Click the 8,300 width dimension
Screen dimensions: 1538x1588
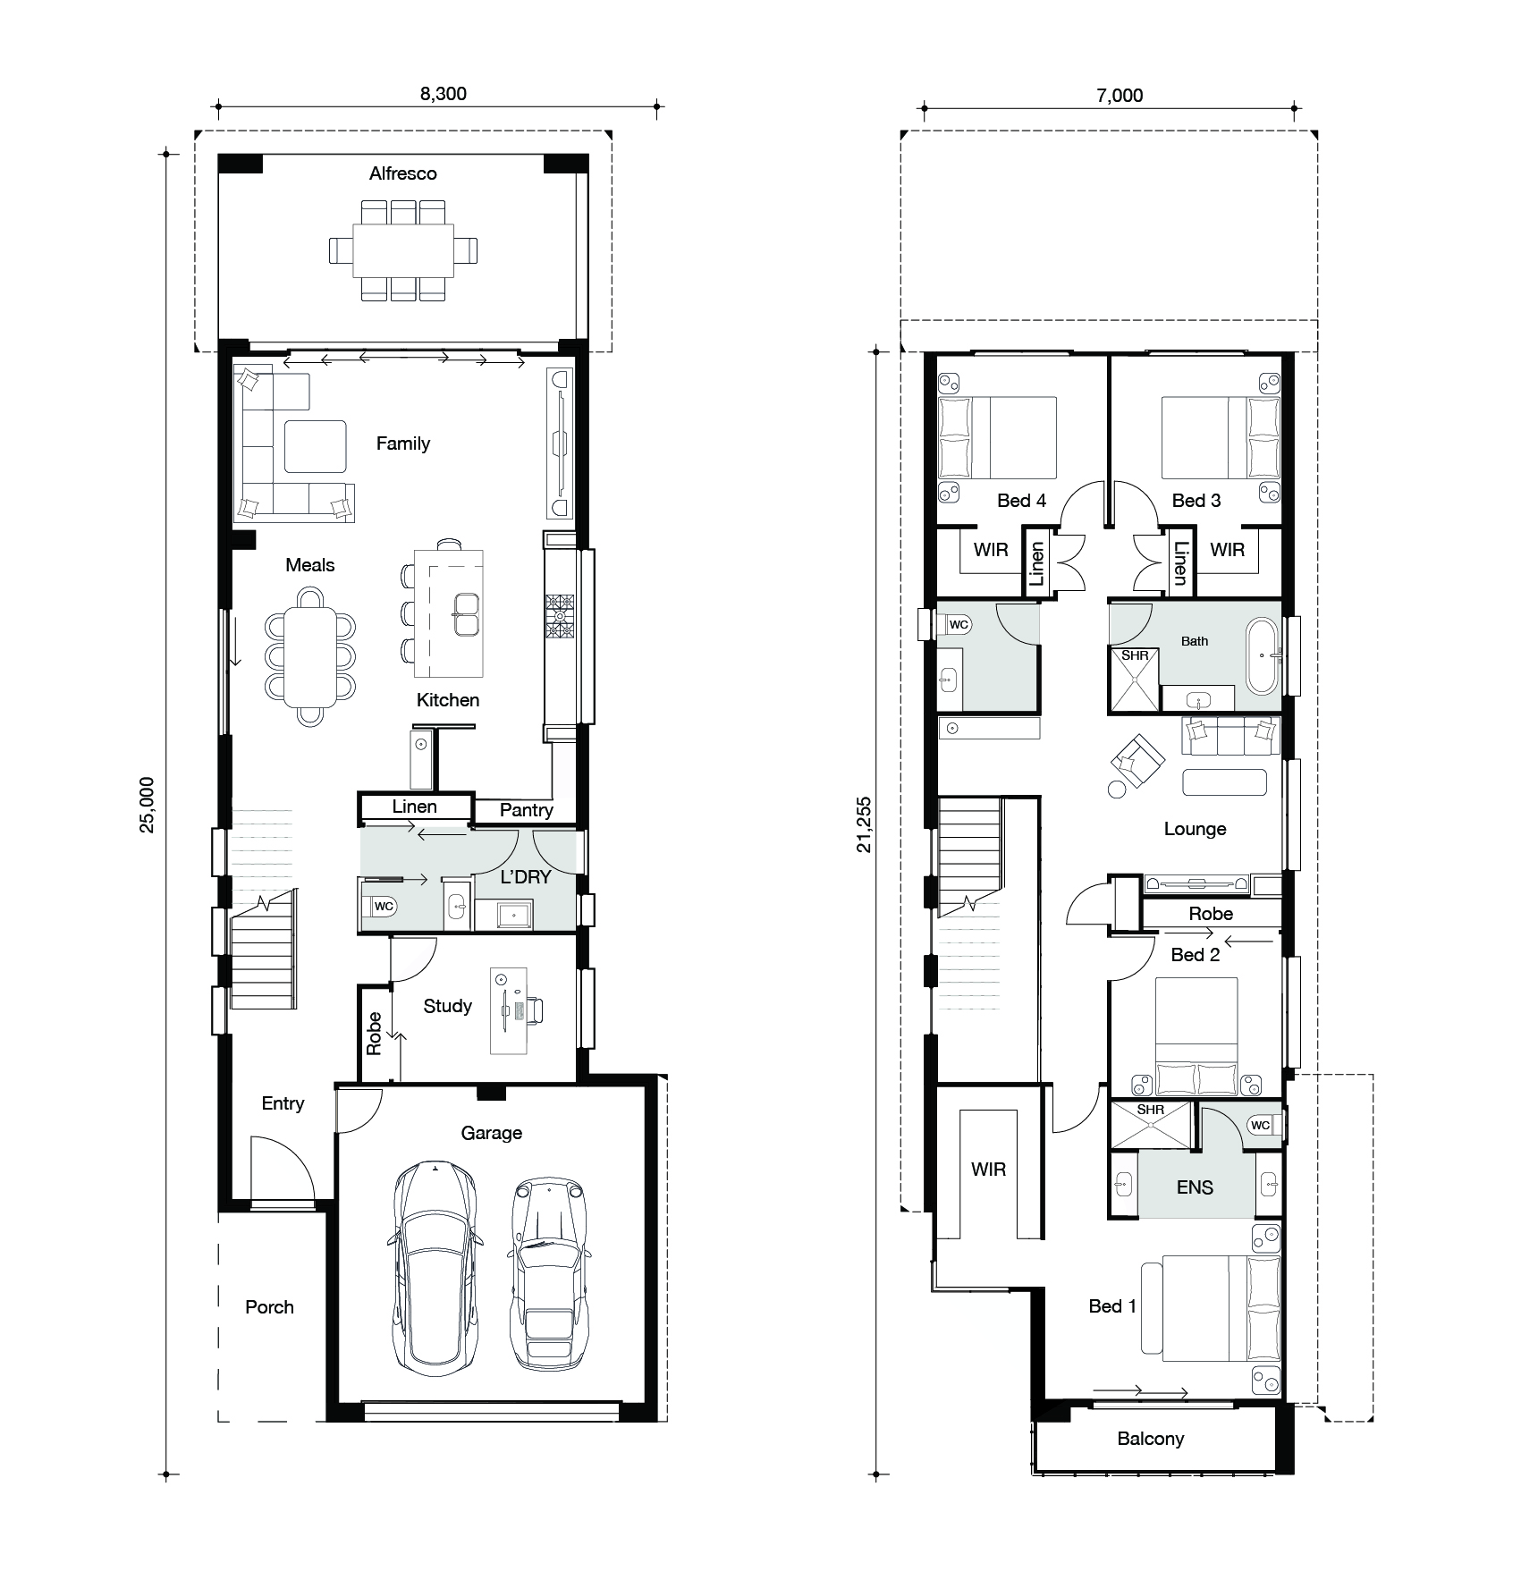[444, 94]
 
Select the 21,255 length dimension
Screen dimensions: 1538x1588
[864, 824]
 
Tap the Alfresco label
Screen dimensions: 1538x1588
[403, 173]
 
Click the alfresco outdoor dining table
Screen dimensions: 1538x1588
[403, 250]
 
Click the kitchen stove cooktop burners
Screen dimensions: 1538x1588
[560, 616]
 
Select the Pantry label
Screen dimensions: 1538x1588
[526, 810]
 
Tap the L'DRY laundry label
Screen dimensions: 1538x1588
[526, 877]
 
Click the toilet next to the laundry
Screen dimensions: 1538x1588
[379, 907]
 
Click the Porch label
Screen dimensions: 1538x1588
[269, 1307]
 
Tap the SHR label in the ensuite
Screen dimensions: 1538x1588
[1151, 1110]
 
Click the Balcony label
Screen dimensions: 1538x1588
[1151, 1439]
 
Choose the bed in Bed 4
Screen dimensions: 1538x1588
[997, 438]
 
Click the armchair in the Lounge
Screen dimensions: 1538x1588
[1137, 761]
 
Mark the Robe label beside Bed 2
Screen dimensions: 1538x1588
[1211, 914]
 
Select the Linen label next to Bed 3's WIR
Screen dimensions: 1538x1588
[1181, 563]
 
